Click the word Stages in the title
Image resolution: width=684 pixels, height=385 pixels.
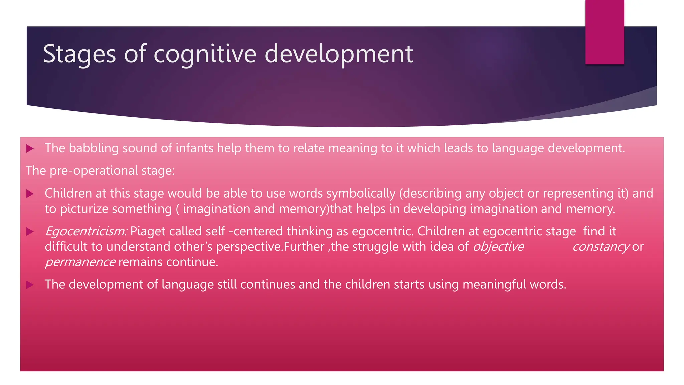[x=79, y=54]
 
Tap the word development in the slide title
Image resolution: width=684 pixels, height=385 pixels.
[x=339, y=54]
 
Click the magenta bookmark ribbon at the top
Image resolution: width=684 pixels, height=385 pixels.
[x=605, y=32]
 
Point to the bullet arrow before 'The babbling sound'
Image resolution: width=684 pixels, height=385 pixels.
[x=30, y=149]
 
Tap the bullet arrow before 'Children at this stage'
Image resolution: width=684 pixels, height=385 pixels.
[x=30, y=194]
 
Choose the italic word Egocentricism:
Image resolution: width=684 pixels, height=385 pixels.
[x=86, y=231]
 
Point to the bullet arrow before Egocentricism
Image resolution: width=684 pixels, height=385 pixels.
[x=30, y=232]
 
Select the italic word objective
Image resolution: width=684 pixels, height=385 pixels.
[x=498, y=247]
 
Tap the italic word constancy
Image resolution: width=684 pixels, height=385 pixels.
[x=601, y=247]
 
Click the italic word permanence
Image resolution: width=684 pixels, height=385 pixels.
[x=80, y=262]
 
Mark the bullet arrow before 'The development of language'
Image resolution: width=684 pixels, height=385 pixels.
[x=30, y=285]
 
